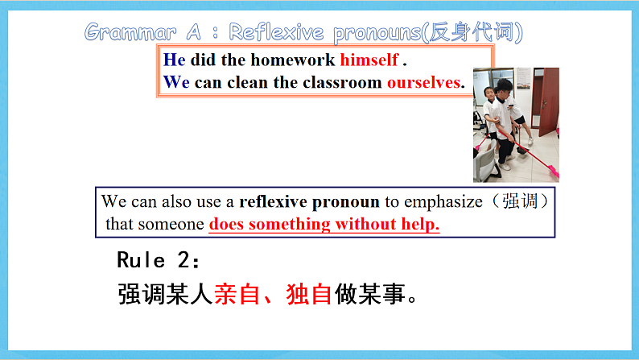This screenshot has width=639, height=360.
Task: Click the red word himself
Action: click(x=369, y=60)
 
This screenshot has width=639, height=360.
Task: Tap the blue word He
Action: click(x=174, y=60)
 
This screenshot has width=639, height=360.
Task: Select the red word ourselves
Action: click(x=425, y=82)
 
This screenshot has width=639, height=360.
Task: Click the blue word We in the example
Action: click(x=177, y=82)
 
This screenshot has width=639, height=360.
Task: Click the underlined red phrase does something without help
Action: click(x=324, y=224)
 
